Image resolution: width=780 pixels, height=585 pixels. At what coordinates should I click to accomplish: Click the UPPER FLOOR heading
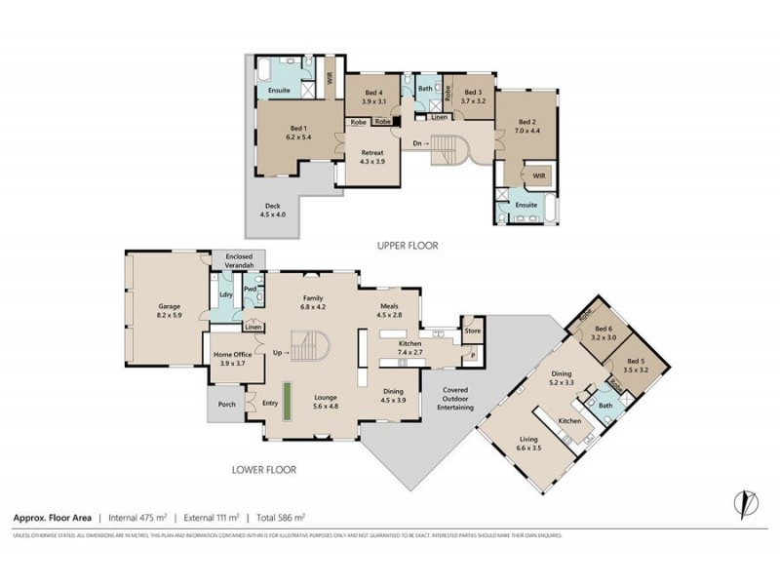(408, 247)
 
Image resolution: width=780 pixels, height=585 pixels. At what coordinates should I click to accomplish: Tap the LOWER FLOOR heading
(263, 469)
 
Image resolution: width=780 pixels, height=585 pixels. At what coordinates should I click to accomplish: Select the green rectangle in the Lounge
(289, 401)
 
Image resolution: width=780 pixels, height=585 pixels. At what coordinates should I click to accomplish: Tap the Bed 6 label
(604, 333)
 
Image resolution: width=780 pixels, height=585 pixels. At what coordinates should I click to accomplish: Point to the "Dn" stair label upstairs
(420, 143)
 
